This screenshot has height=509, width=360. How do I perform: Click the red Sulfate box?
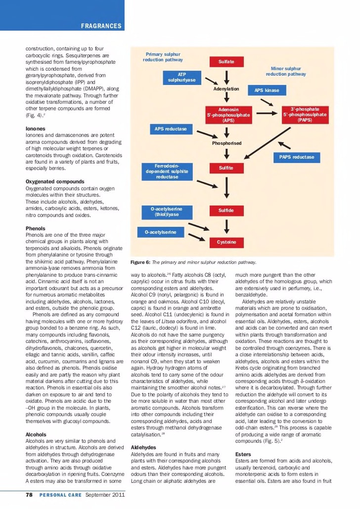click(226, 62)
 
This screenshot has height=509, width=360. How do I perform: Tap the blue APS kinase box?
click(267, 90)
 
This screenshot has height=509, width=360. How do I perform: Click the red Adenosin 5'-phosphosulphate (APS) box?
click(228, 115)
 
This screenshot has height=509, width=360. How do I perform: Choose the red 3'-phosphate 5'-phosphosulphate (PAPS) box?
click(305, 114)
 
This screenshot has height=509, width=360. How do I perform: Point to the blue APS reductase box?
click(171, 129)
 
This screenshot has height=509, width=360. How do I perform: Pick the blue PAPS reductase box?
click(297, 157)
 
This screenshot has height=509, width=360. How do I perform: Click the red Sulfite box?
click(226, 168)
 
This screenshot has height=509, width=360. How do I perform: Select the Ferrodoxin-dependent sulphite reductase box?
click(167, 171)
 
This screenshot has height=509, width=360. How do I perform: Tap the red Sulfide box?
click(226, 211)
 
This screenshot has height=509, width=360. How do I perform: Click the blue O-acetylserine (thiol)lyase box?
click(166, 212)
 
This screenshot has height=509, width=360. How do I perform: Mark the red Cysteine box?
click(226, 242)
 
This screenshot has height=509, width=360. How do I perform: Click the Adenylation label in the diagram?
click(226, 89)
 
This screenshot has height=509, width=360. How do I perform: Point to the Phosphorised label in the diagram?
click(226, 143)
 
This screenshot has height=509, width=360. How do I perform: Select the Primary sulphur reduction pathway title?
click(163, 57)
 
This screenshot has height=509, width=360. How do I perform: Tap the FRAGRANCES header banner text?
click(101, 26)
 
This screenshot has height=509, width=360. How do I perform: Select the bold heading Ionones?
click(35, 128)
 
